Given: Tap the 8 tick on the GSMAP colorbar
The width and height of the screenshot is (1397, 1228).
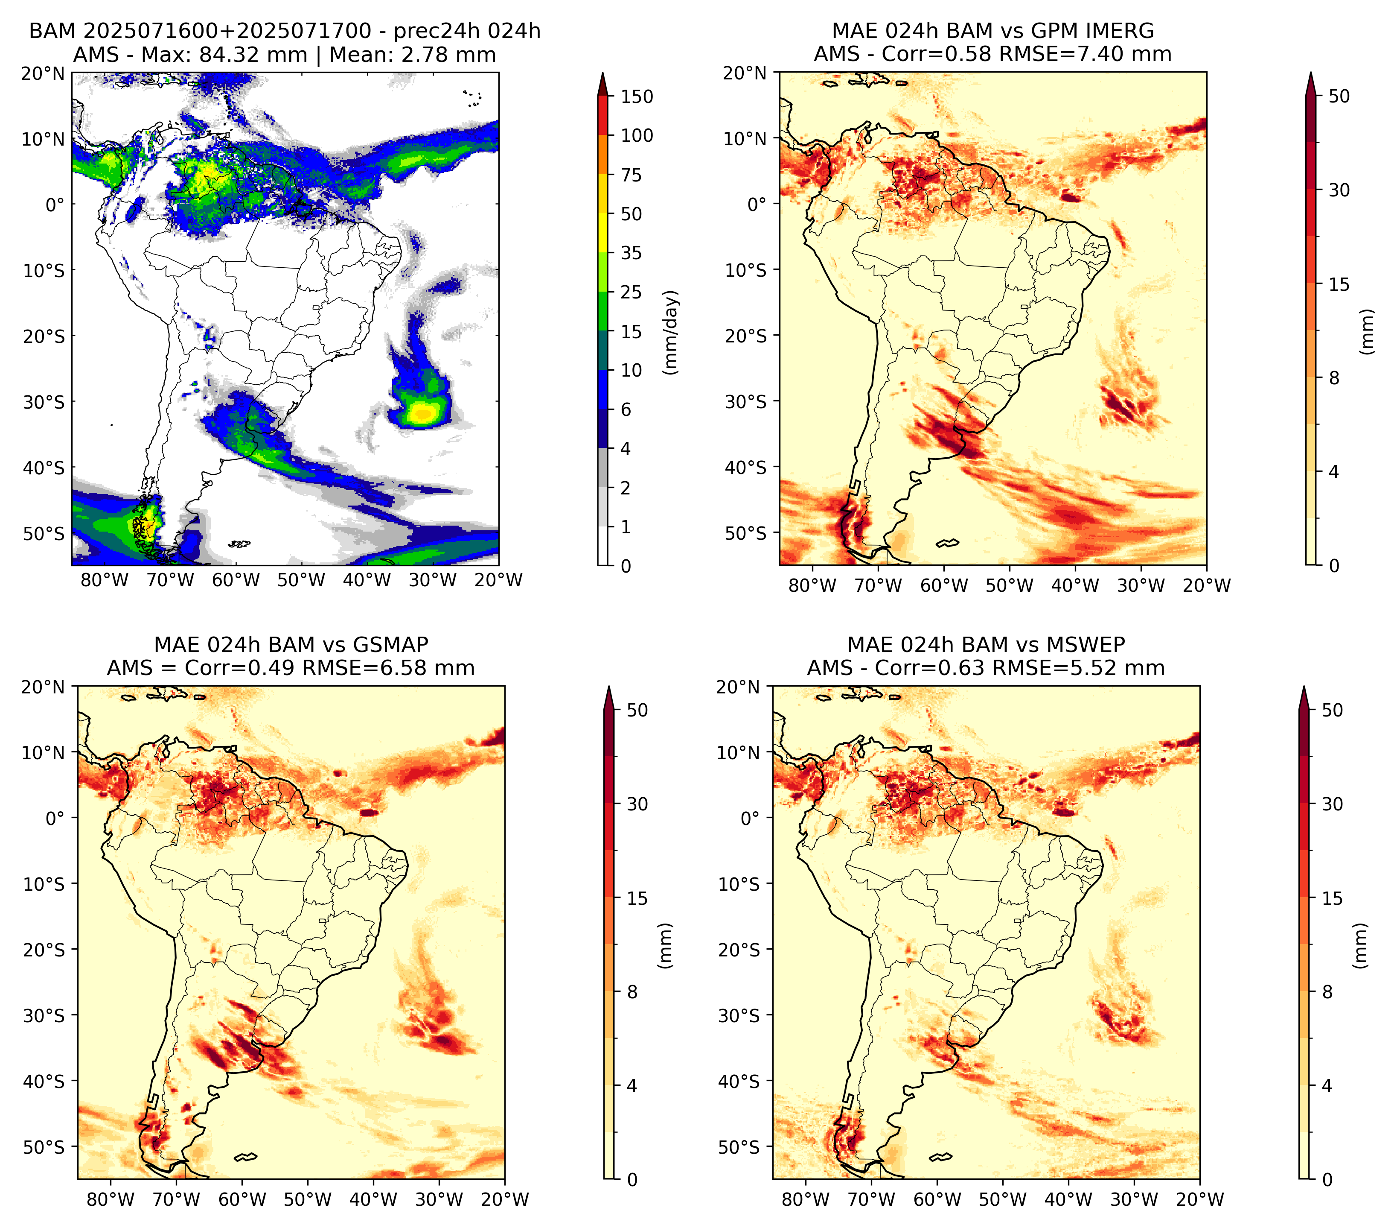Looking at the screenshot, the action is pyautogui.click(x=632, y=992).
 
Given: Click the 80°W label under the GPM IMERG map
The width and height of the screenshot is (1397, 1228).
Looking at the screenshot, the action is pyautogui.click(x=812, y=585).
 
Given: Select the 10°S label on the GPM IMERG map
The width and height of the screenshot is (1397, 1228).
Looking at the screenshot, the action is pyautogui.click(x=746, y=270).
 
